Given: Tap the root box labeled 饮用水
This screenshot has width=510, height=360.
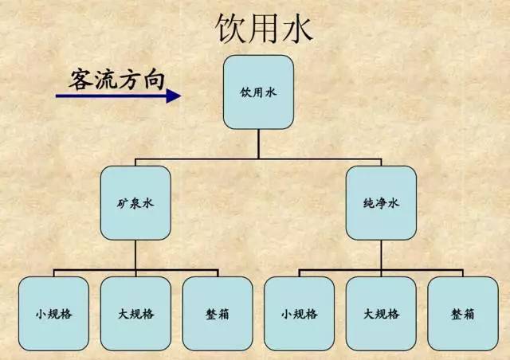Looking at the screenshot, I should (257, 92).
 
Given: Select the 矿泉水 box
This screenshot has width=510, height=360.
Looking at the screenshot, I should (135, 203).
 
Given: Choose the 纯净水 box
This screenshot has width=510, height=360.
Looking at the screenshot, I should (380, 203).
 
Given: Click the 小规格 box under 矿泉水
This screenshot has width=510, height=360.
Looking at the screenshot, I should (54, 313).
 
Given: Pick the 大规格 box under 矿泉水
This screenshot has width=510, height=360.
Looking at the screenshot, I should (135, 313).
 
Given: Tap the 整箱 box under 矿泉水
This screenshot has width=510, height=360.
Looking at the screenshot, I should (217, 313).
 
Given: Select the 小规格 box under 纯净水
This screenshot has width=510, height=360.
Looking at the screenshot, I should (299, 313).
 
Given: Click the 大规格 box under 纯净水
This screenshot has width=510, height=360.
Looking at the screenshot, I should (380, 313).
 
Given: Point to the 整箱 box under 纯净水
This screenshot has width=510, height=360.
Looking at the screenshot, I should (462, 313).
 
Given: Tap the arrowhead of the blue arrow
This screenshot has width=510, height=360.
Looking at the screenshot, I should (174, 96).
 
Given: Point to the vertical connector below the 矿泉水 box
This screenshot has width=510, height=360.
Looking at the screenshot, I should (135, 254).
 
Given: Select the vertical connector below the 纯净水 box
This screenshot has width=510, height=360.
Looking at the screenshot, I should (380, 254).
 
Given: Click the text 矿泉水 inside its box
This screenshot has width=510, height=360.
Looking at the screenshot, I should (135, 203).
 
